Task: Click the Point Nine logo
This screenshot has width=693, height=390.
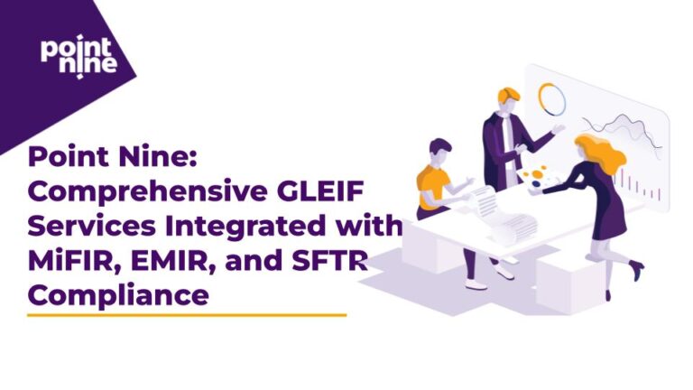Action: pyautogui.click(x=78, y=56)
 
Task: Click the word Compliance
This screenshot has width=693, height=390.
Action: pyautogui.click(x=117, y=294)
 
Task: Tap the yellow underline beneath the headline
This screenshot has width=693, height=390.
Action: pyautogui.click(x=187, y=315)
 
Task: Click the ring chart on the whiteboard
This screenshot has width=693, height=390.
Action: pyautogui.click(x=551, y=98)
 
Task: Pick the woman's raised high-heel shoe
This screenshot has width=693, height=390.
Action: pyautogui.click(x=636, y=268)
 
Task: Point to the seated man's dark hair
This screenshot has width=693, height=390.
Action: pyautogui.click(x=439, y=146)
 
